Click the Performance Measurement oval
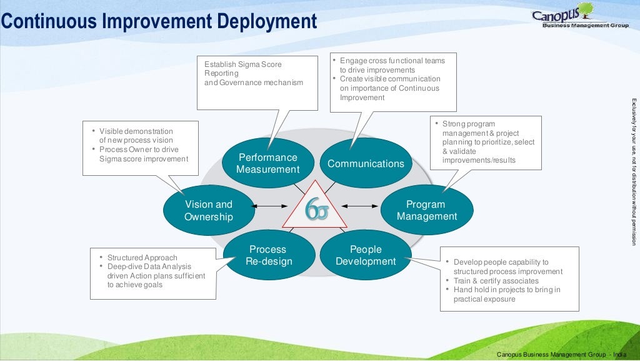pos(267,163)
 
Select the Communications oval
pos(366,163)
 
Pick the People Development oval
pos(366,255)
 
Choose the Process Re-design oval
pos(267,255)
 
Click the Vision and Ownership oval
pos(208,210)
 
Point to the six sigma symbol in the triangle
pos(316,210)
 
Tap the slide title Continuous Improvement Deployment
pos(159,21)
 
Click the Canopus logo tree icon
pos(586,11)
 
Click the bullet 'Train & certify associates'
pos(496,281)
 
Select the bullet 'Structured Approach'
pos(142,257)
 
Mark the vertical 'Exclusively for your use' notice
pos(633,172)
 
